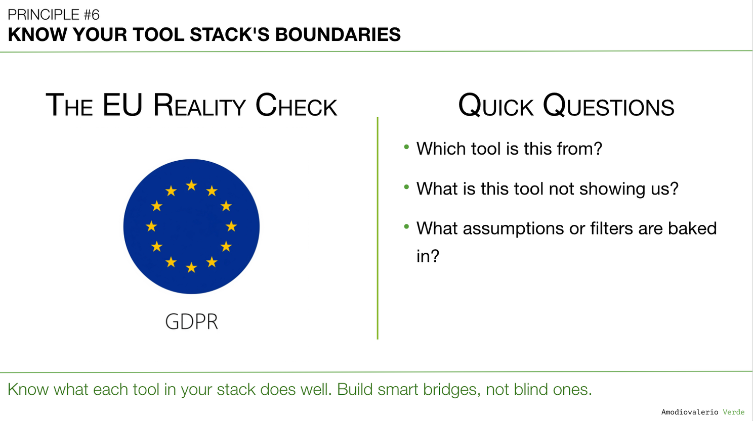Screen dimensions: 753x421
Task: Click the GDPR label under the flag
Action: tap(192, 321)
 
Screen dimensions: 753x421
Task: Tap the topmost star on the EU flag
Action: tap(191, 185)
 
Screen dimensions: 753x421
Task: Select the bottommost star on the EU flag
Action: tap(191, 267)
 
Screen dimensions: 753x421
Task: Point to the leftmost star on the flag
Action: tap(151, 226)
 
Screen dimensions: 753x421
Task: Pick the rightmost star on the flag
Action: tap(231, 226)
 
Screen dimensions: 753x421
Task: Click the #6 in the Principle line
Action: tap(91, 15)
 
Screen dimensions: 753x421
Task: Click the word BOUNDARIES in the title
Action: tap(338, 34)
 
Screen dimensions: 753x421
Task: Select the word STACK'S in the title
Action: tap(229, 34)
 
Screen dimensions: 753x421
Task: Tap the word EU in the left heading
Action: tap(122, 105)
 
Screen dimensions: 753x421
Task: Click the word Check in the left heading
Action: tap(296, 105)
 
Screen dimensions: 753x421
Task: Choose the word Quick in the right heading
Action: tap(496, 106)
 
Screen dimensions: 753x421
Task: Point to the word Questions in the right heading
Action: tap(608, 106)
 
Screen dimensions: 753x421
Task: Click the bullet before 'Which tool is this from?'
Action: tap(406, 147)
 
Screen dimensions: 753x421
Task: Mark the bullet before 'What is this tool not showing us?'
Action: tap(406, 186)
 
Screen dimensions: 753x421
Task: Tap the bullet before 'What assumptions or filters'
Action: tap(406, 226)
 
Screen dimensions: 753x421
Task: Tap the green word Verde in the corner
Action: tap(734, 412)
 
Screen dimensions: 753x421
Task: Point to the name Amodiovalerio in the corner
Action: tap(690, 412)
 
